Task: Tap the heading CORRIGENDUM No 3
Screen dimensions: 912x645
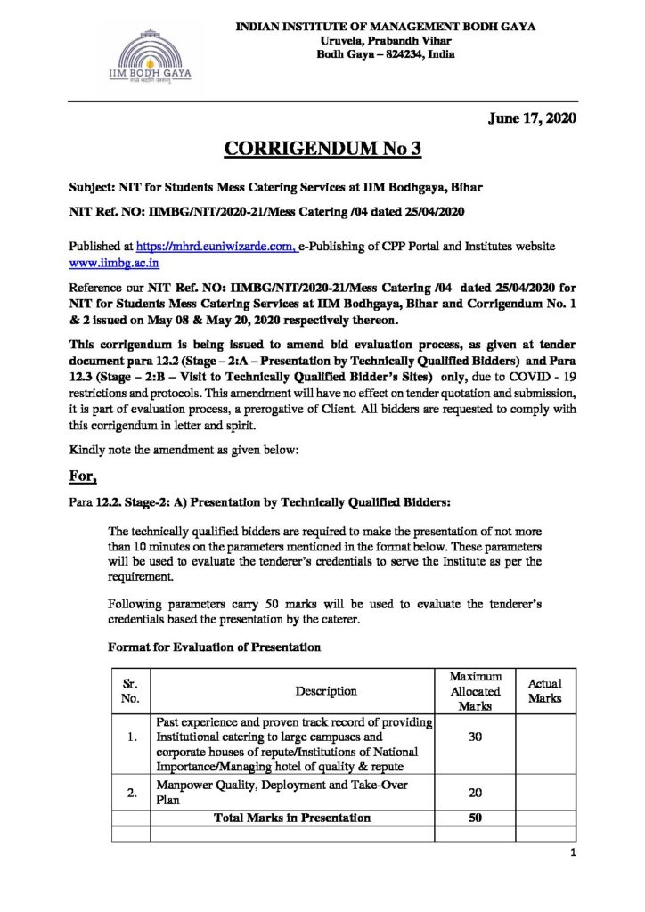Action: [322, 148]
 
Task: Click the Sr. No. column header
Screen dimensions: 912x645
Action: [130, 690]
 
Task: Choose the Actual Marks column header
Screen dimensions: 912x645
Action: [544, 690]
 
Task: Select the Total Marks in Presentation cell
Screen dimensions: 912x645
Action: [292, 818]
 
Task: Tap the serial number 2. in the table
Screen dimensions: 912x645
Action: [130, 791]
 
